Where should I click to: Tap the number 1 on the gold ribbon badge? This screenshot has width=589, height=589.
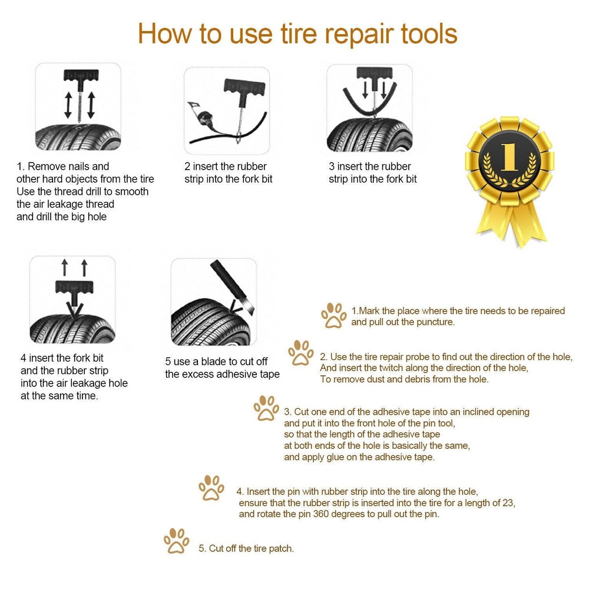click(509, 157)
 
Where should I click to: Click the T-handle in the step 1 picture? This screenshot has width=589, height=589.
click(81, 80)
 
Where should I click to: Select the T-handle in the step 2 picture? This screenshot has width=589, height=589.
click(244, 88)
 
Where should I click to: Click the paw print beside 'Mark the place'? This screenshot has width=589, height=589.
click(333, 316)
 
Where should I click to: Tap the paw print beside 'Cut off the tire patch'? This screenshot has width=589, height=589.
click(176, 541)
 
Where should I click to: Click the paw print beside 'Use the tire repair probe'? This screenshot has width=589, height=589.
click(301, 353)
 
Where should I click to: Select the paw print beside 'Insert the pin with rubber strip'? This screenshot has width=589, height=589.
click(211, 488)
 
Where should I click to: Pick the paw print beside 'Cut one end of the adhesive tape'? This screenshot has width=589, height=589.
click(266, 408)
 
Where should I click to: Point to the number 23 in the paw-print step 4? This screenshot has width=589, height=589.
click(509, 502)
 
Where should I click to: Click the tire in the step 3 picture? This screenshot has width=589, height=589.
click(370, 135)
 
